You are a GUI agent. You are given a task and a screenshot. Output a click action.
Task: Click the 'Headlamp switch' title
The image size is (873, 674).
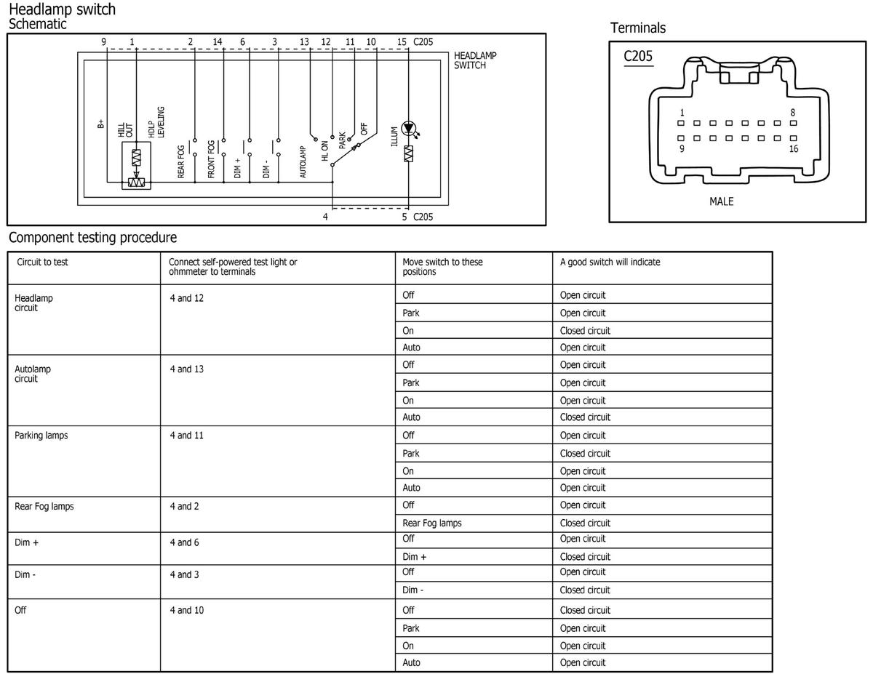tap(62, 9)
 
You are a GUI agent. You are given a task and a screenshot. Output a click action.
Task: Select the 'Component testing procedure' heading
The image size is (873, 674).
tap(92, 238)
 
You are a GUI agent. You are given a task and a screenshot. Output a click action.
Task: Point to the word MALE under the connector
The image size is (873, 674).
tap(721, 201)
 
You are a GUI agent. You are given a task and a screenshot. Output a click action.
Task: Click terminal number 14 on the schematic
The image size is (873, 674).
tap(218, 42)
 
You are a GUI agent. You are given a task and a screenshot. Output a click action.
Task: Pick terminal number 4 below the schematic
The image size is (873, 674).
tap(325, 217)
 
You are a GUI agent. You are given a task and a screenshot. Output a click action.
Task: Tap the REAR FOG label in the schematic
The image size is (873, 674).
tap(181, 161)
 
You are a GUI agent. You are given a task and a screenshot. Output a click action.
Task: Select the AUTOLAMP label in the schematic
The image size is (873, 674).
tap(303, 161)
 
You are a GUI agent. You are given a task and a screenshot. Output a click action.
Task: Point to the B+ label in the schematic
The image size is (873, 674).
tap(101, 124)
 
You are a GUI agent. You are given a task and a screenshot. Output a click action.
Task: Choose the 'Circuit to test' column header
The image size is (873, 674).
tap(42, 262)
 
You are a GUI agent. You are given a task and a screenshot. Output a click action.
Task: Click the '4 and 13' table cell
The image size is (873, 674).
tap(186, 369)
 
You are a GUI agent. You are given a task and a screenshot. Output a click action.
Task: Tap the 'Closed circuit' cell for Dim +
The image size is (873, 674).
tap(585, 557)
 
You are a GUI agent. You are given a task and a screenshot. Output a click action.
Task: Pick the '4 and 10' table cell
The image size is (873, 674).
tap(186, 610)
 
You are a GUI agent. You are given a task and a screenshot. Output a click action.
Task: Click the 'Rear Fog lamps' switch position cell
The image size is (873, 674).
tap(432, 523)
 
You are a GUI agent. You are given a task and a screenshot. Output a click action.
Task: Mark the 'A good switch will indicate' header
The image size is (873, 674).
tap(610, 262)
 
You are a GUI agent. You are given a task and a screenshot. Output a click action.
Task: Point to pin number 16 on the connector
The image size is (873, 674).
tap(793, 149)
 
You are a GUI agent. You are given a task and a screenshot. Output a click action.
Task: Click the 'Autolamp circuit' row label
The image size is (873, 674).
tap(33, 374)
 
